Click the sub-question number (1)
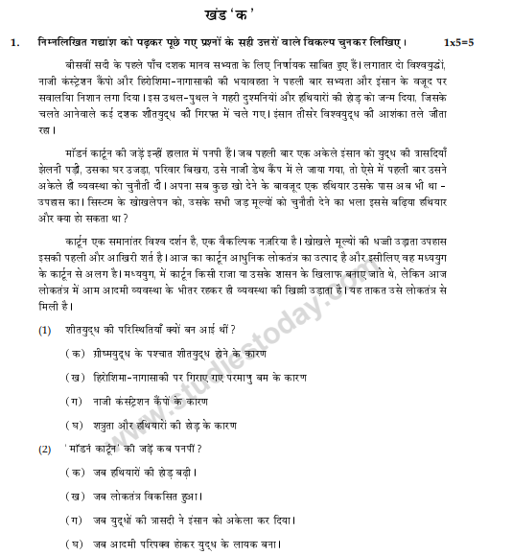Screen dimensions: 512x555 [45, 330]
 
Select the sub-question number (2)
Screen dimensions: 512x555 [45, 449]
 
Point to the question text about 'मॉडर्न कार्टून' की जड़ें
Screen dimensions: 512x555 [134, 449]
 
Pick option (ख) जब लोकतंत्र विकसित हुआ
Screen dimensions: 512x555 [133, 496]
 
